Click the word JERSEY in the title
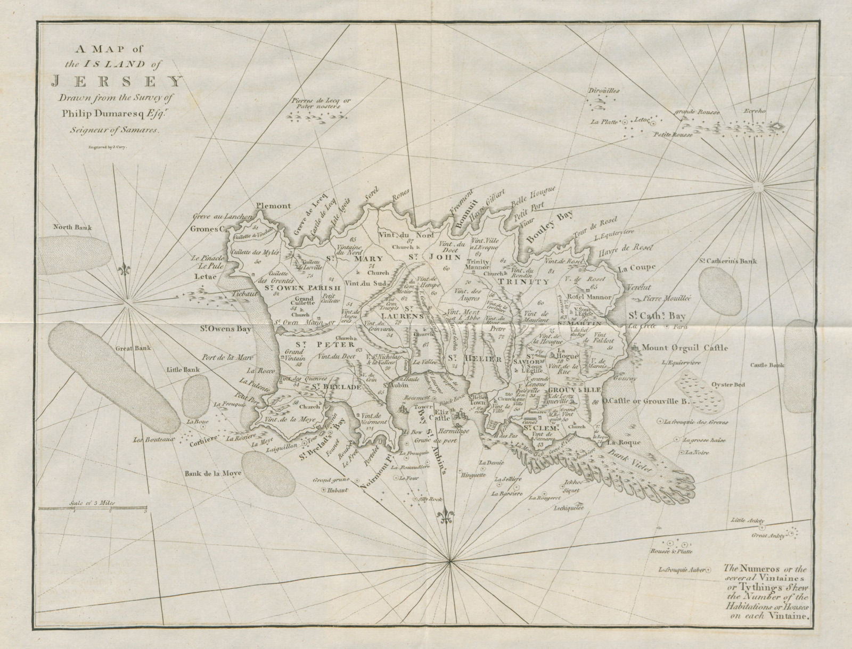tap(116, 82)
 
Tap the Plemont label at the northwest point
tap(273, 206)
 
